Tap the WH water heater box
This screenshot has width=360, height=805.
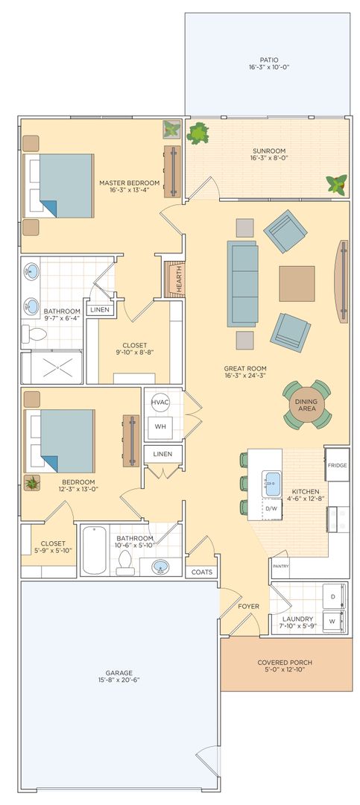click(160, 426)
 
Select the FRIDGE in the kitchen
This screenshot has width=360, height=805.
click(338, 464)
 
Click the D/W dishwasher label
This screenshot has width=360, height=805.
click(271, 509)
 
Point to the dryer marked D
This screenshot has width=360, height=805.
click(333, 596)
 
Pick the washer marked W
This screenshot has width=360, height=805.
click(333, 621)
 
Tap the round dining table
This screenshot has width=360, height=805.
click(306, 405)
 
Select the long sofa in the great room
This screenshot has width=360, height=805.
click(242, 283)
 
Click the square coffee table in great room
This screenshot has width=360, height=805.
click(297, 283)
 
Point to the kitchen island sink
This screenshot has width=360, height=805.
click(272, 484)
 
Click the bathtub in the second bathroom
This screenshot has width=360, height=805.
click(95, 550)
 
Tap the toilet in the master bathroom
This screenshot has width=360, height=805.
click(34, 334)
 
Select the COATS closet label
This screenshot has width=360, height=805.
click(202, 572)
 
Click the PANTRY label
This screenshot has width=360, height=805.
click(281, 566)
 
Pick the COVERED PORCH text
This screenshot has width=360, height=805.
click(285, 663)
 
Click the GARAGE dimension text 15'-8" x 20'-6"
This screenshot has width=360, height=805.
click(119, 680)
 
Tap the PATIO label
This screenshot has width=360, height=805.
click(268, 60)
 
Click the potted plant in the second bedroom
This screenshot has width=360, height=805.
click(32, 482)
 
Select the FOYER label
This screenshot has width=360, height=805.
click(248, 606)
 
